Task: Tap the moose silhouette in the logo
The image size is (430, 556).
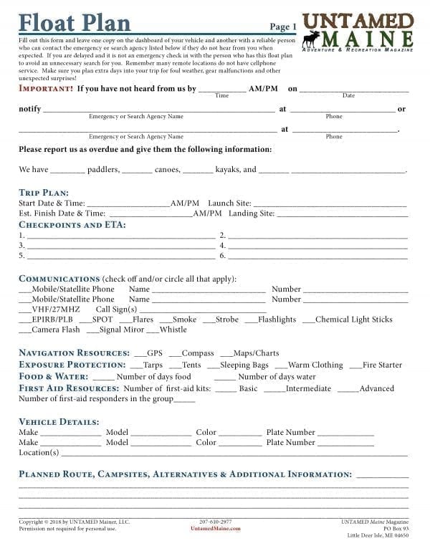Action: coord(312,39)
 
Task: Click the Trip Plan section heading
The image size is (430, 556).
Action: coord(44,193)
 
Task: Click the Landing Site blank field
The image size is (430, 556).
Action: coord(342,214)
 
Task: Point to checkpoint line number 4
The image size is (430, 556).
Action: coord(315,245)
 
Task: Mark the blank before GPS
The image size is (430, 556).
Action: coord(139,353)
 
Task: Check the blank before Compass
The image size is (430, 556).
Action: coord(174,353)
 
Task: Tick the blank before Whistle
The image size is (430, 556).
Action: coord(152,330)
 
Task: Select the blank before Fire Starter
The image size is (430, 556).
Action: coord(355,365)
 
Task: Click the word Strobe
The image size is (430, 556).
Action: coord(227,320)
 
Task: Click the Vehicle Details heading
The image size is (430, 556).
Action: coord(59,422)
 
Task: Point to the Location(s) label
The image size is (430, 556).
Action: coord(39,453)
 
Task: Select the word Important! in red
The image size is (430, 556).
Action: coord(46,89)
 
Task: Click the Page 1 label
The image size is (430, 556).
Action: coord(284,27)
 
